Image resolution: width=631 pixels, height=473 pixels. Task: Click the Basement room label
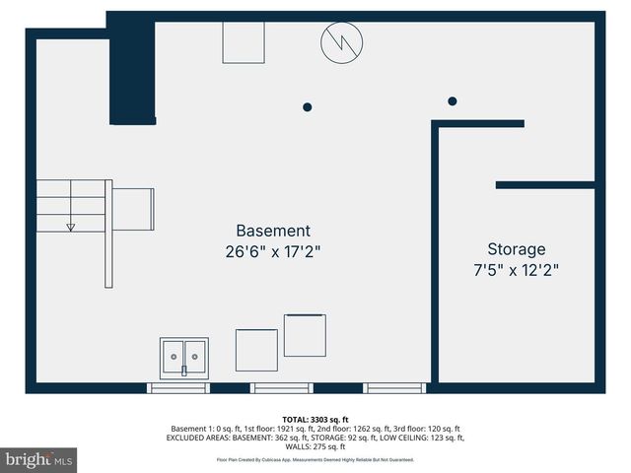tap(273, 232)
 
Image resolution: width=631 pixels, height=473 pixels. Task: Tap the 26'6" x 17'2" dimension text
tap(273, 251)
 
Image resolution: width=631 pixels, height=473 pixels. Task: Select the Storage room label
tap(516, 249)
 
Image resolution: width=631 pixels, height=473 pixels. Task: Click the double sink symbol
tap(184, 358)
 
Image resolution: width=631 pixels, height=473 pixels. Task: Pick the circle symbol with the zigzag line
tap(342, 41)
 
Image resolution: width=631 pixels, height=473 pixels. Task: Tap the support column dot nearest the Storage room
tap(453, 101)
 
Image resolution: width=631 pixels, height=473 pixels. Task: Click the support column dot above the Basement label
tap(308, 106)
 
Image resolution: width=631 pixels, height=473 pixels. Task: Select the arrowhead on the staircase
tap(71, 227)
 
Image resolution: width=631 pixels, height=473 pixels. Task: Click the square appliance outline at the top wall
tap(244, 41)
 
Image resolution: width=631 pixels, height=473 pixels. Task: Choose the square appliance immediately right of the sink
tap(256, 350)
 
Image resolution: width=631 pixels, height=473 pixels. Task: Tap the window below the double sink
tap(178, 387)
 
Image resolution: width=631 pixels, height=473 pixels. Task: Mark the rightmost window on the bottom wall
tap(394, 387)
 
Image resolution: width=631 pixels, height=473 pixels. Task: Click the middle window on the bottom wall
tap(281, 387)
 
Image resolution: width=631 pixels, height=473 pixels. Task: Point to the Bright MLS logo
tap(38, 459)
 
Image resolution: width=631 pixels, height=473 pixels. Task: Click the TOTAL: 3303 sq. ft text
tap(315, 419)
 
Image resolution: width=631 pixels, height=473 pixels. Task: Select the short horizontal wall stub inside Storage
tap(544, 184)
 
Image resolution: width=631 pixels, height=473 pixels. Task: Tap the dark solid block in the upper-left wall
tap(132, 71)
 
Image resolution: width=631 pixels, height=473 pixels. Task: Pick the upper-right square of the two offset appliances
tap(305, 335)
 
